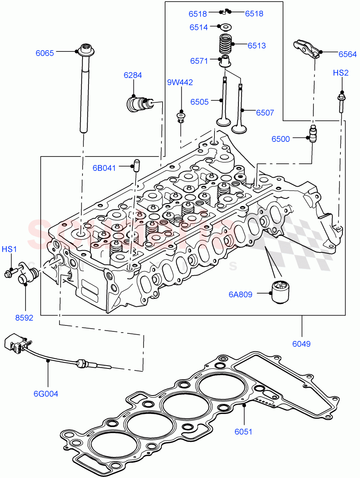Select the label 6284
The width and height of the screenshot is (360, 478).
[x=132, y=75]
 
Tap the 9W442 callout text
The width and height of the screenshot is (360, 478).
[x=180, y=82]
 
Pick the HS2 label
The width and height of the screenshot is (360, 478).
[x=341, y=72]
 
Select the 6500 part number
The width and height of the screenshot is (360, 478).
[x=281, y=139]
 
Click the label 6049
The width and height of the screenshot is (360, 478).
[x=301, y=344]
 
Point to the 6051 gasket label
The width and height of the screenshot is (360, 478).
[x=243, y=431]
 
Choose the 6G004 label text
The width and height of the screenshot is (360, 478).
[x=46, y=394]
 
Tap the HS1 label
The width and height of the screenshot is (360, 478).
[x=9, y=249]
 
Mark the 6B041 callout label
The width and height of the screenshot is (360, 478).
[x=104, y=168]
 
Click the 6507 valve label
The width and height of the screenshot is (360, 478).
[x=265, y=113]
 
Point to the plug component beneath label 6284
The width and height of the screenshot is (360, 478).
[x=138, y=104]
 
